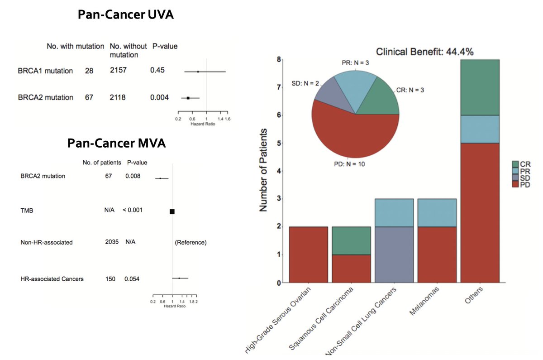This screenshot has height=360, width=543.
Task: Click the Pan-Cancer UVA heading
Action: [x=125, y=14]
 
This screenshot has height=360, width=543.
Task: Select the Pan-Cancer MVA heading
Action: [x=116, y=144]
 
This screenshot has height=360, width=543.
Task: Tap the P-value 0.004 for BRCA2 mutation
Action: [x=159, y=97]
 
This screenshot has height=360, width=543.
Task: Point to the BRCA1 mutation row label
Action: [x=45, y=70]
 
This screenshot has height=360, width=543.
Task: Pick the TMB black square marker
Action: [x=172, y=211]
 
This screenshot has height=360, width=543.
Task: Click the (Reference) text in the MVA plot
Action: [x=191, y=243]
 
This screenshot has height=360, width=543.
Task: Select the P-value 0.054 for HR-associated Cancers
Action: [x=132, y=279]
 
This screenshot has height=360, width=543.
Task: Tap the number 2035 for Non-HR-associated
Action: [x=111, y=242]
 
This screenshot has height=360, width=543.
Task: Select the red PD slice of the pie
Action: [x=353, y=136]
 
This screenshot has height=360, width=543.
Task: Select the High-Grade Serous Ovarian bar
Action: [x=308, y=254]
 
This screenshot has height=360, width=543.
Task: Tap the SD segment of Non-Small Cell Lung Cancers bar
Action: [x=394, y=254]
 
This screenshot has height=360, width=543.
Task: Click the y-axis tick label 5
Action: [x=279, y=143]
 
